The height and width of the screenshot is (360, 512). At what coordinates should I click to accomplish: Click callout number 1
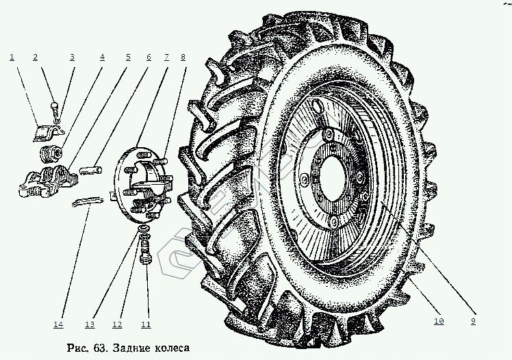tap(12, 57)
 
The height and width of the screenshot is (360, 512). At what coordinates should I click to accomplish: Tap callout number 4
tap(102, 57)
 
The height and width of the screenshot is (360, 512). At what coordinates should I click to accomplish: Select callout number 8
tap(183, 57)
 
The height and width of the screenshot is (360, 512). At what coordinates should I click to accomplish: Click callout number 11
tap(145, 323)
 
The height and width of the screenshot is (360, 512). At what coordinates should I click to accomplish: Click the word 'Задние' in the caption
tap(131, 348)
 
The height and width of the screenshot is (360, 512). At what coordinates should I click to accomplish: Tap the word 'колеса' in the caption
tap(170, 348)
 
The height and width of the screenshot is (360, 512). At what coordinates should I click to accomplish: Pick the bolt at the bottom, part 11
tap(144, 257)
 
